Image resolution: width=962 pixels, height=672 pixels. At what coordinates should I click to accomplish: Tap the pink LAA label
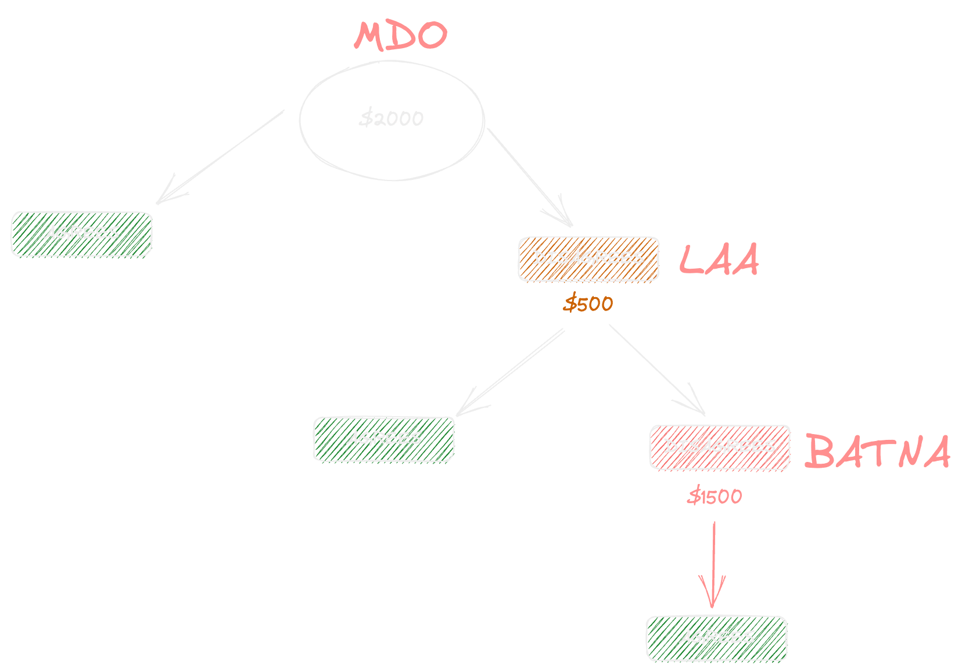pyautogui.click(x=719, y=259)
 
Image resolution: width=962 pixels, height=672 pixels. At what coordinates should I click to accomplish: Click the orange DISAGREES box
pyautogui.click(x=588, y=259)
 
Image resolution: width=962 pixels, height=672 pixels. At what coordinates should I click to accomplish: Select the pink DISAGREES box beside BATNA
pyautogui.click(x=720, y=447)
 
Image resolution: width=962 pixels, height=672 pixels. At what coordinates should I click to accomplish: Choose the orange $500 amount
pyautogui.click(x=588, y=304)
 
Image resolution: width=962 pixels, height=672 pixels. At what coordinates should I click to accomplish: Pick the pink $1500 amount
pyautogui.click(x=715, y=497)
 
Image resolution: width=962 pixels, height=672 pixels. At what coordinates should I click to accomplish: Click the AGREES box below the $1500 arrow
pyautogui.click(x=716, y=638)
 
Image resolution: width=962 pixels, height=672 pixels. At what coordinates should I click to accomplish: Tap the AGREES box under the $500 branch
pyautogui.click(x=383, y=439)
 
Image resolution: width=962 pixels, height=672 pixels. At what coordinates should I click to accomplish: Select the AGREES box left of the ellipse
pyautogui.click(x=81, y=234)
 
